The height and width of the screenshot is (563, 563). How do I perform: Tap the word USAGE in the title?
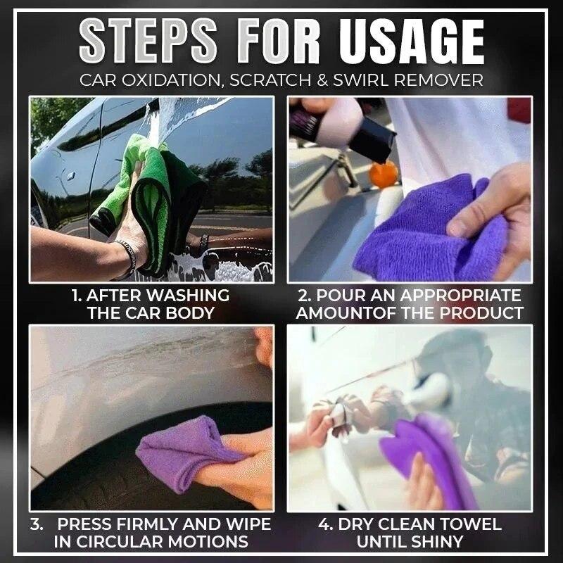click(x=412, y=41)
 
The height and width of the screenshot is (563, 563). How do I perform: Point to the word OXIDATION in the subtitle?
click(x=167, y=80)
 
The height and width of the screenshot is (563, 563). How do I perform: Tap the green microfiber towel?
click(x=151, y=190)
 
